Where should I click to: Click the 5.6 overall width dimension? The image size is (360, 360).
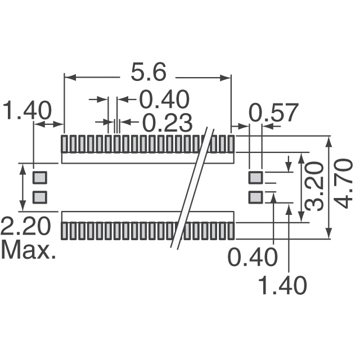(x=148, y=73)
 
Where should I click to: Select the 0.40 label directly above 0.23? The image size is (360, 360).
(x=164, y=100)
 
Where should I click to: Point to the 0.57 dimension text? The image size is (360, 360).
(x=273, y=114)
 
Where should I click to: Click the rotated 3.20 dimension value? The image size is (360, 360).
(x=316, y=186)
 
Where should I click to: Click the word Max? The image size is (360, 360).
(x=28, y=250)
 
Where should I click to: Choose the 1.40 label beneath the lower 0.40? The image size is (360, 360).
(x=282, y=286)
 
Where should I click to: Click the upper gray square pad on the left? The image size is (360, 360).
(x=39, y=178)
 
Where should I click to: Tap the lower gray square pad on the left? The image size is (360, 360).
(x=39, y=197)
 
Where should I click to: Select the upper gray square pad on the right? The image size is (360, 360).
(x=255, y=178)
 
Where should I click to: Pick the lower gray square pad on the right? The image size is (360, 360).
(x=255, y=197)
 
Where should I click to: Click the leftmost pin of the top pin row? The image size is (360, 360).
(x=64, y=144)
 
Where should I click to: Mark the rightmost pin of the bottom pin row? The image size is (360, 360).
(x=230, y=231)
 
